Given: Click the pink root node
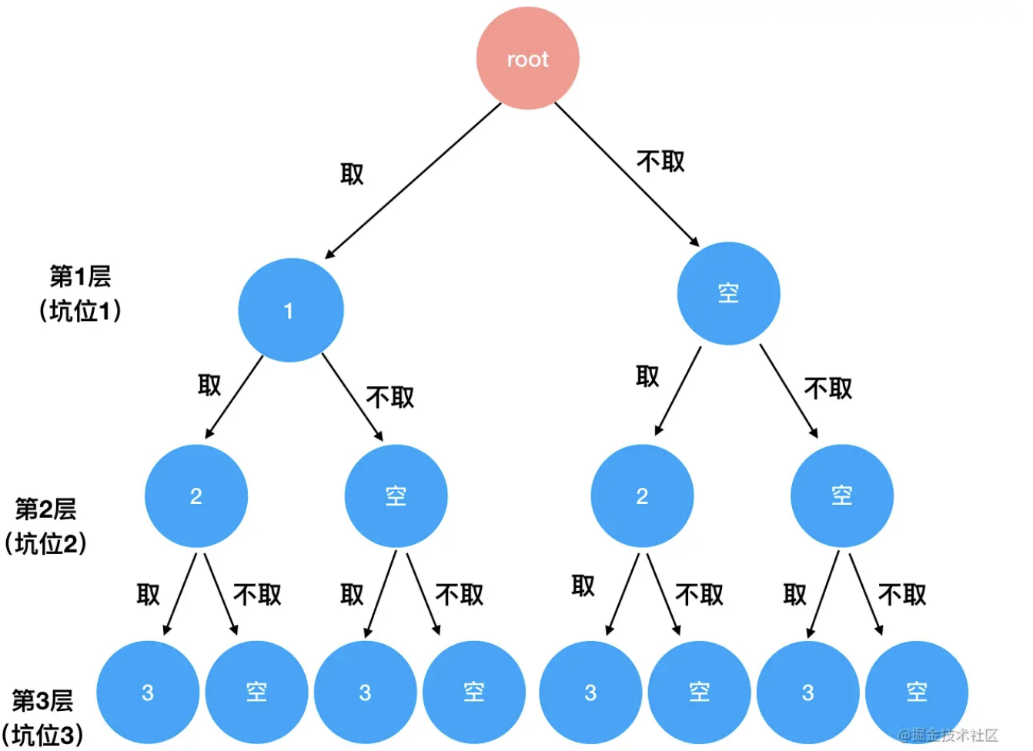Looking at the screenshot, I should click(x=527, y=58).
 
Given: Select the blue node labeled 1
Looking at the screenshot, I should click(x=290, y=310).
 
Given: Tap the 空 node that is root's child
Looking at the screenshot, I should click(x=728, y=293).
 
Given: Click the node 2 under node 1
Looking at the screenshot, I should click(x=196, y=496).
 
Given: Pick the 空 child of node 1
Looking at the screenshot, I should click(x=396, y=496).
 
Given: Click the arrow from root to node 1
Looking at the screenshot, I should click(x=412, y=181).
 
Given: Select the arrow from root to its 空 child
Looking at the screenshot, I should click(x=626, y=174).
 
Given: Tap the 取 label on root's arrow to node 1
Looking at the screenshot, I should click(x=352, y=174).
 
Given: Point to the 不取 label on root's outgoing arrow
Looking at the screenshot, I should click(x=660, y=162).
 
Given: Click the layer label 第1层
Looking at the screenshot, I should click(x=80, y=276).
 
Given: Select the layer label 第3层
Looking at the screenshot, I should click(x=42, y=701).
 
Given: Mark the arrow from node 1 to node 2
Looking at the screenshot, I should click(x=234, y=397).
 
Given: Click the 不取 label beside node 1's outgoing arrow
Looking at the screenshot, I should click(x=390, y=397).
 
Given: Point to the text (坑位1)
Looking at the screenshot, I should click(x=80, y=310).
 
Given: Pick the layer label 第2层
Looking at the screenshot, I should click(x=46, y=509).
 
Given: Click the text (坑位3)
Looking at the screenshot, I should click(x=42, y=735).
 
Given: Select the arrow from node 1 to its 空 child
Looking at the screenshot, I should click(x=352, y=396).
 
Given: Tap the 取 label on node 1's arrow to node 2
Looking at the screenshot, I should click(x=209, y=385).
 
